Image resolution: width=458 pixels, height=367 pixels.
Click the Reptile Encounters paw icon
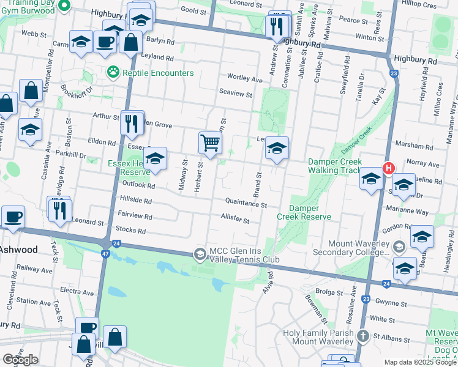(x=112, y=73)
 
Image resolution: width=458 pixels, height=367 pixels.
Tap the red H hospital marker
(x=388, y=168)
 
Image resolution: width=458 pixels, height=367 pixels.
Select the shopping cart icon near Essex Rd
(x=210, y=144)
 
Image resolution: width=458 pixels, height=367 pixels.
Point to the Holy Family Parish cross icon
(x=362, y=336)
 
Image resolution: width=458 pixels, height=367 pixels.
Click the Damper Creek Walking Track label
(x=334, y=165)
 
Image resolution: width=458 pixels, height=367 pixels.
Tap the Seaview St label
(x=236, y=94)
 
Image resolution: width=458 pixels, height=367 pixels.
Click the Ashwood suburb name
(x=18, y=250)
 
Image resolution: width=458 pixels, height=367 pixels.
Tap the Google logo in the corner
(x=21, y=360)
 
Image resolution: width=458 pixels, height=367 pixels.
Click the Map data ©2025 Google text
(x=420, y=363)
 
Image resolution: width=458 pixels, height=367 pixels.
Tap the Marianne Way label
(x=407, y=212)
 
